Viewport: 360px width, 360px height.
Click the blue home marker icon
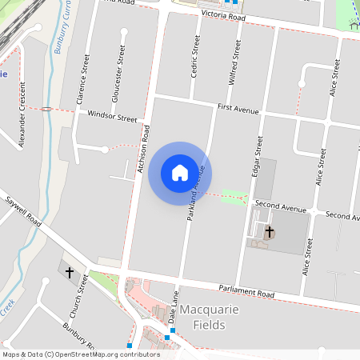(180, 172)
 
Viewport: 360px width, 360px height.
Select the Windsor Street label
(112, 117)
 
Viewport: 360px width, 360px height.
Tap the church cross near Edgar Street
(270, 233)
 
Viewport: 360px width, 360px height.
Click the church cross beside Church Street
(69, 273)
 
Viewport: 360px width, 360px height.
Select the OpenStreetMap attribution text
(80, 354)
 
